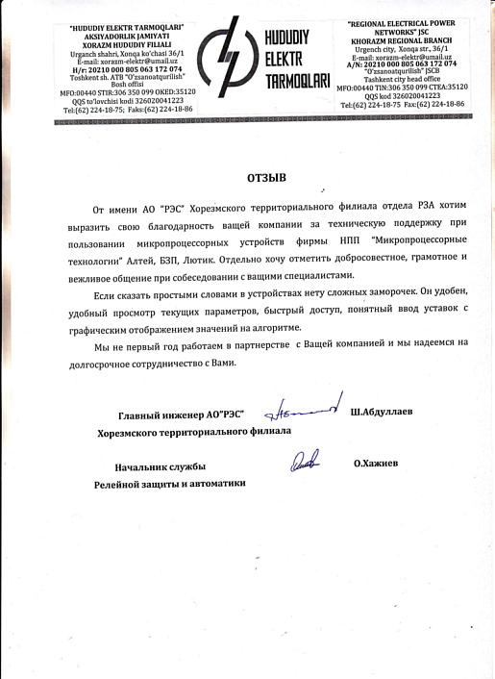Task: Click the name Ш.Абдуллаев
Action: [382, 413]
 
